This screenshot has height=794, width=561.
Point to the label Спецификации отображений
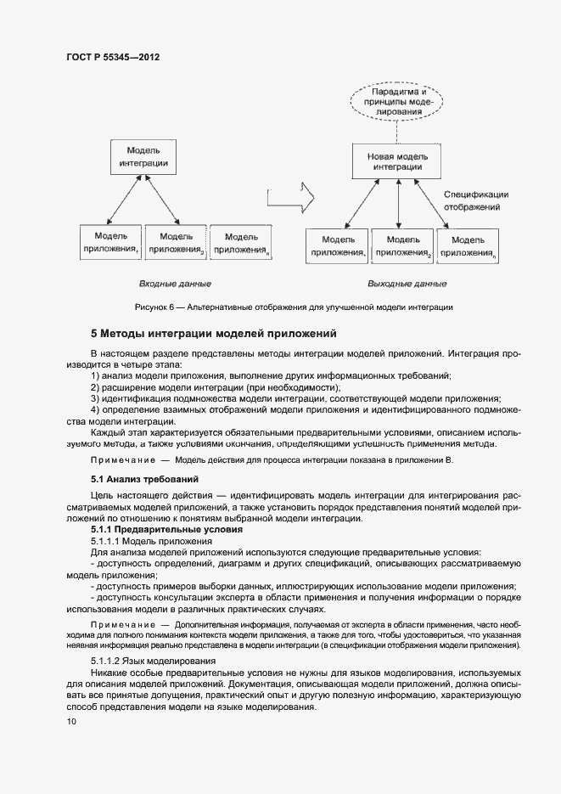pos(476,200)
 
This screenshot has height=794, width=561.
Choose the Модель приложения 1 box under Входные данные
pos(110,243)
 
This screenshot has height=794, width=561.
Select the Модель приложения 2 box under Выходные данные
pos(403,245)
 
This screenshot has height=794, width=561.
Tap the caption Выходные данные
pos(407,284)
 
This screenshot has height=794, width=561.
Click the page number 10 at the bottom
pos(70,722)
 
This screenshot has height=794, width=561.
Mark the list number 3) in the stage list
pos(95,398)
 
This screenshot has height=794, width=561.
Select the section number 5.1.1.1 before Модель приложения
pos(105,541)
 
